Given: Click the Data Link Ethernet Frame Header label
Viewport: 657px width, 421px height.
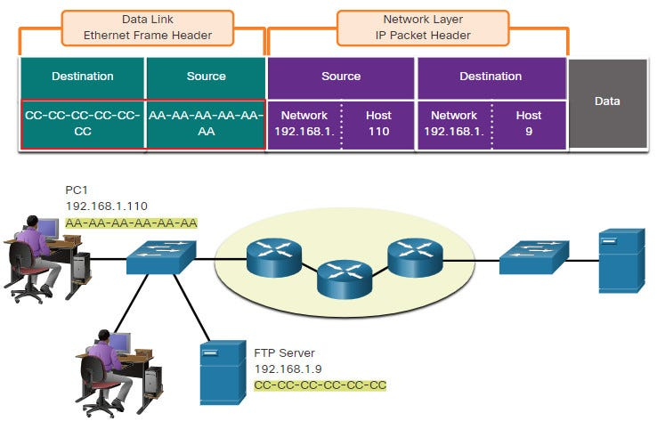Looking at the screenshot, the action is click(x=148, y=28).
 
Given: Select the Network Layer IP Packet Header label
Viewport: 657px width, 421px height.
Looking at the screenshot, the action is click(x=423, y=28).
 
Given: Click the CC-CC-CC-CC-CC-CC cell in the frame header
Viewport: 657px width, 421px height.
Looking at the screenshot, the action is click(x=83, y=124).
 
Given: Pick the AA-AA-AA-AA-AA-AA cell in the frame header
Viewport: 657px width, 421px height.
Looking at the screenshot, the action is click(x=206, y=124).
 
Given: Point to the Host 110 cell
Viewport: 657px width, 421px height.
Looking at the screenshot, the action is click(x=378, y=124).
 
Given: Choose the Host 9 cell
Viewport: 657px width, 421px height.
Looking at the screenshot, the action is click(x=529, y=124).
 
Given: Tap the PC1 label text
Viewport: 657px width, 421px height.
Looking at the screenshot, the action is click(x=77, y=190).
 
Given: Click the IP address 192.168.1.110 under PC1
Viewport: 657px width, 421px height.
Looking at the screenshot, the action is click(x=107, y=206).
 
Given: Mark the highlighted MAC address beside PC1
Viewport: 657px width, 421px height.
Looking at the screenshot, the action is click(x=131, y=223).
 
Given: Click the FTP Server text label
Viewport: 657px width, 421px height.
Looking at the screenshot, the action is click(x=285, y=353).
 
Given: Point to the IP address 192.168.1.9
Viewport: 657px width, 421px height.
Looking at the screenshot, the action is click(x=288, y=369).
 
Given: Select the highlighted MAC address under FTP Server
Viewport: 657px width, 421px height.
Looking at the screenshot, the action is click(x=320, y=385).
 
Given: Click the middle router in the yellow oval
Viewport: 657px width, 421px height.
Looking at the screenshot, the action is click(x=345, y=279).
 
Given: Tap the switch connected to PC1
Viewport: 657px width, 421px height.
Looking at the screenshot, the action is click(x=161, y=257).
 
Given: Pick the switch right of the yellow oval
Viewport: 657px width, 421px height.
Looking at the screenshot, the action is click(x=534, y=257).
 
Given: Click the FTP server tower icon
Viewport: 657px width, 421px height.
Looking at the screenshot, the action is click(x=223, y=372).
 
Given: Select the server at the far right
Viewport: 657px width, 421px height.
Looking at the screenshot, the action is click(x=621, y=260).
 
